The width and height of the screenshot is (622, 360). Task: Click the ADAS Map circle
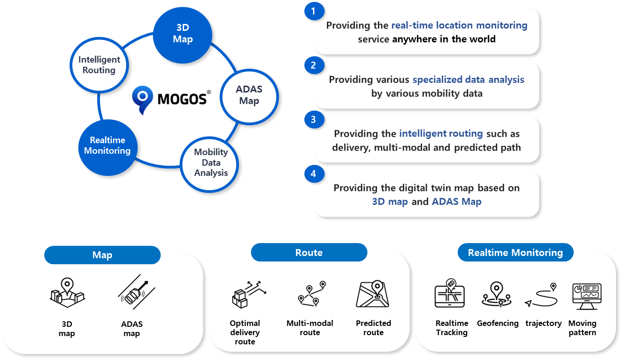[249, 96]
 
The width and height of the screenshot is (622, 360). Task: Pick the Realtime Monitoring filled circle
[107, 145]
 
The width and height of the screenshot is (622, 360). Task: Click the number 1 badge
[314, 11]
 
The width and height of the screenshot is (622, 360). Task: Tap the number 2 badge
[314, 65]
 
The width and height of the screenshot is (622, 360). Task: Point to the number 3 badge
[314, 120]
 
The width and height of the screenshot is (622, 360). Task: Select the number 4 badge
[314, 174]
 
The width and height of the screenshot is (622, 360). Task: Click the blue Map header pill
[102, 255]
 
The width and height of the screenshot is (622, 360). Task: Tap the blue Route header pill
[309, 252]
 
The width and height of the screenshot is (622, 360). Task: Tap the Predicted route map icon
[373, 294]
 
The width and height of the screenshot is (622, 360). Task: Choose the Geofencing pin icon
[496, 295]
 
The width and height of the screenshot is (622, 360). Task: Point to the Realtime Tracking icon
[450, 294]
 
